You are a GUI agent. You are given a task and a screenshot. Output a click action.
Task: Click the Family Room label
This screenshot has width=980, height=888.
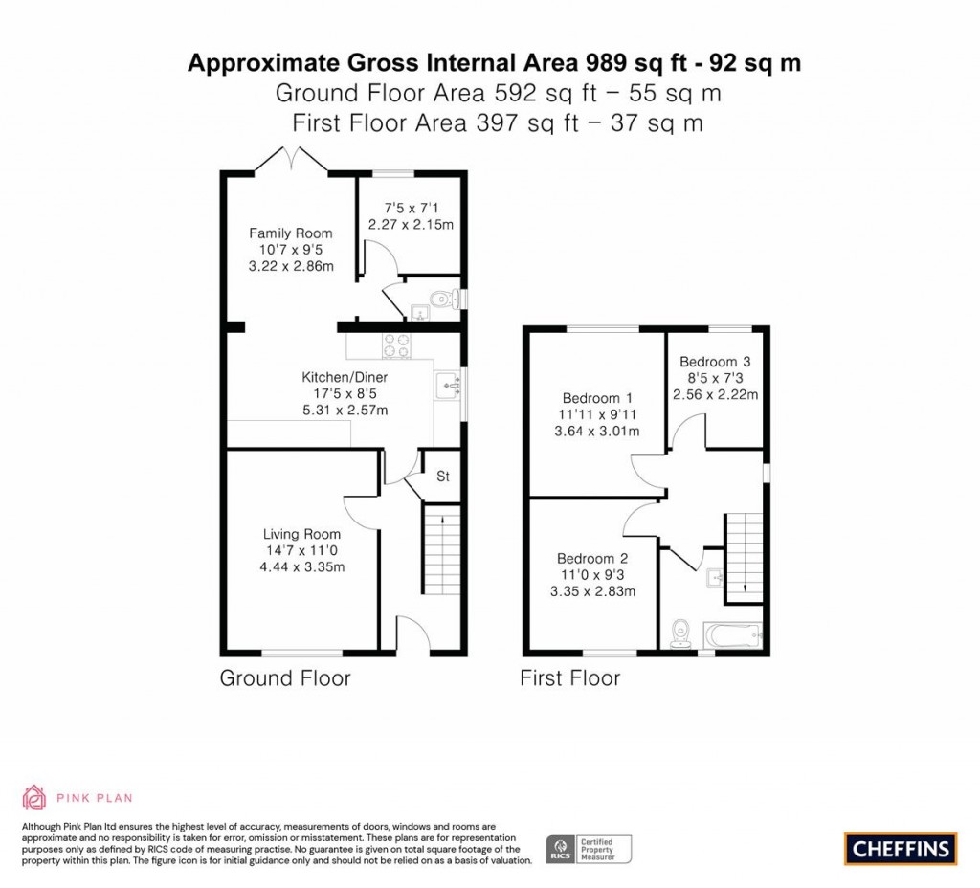point(291,233)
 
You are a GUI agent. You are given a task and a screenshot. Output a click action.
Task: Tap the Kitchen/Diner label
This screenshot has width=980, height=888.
point(345,377)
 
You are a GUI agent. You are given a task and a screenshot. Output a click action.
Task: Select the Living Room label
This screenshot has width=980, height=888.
point(301,534)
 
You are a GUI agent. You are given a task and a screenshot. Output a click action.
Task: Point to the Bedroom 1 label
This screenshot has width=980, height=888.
point(597,398)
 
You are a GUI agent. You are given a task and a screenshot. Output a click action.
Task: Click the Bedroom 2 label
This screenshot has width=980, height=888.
point(592,558)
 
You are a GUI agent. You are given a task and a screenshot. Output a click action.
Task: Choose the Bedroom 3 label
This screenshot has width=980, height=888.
point(715,361)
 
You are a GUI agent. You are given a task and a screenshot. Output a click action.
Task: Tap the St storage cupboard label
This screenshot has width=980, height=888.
point(443,477)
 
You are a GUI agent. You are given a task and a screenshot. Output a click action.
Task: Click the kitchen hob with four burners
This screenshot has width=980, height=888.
point(397,345)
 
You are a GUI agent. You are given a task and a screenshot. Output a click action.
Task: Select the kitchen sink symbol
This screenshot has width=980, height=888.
point(448,385)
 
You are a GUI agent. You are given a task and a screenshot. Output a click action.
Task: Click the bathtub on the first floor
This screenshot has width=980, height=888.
point(732,635)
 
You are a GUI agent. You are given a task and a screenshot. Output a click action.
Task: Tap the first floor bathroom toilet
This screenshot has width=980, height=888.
point(679,633)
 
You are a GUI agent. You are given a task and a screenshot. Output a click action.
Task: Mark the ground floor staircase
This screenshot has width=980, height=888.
point(442,548)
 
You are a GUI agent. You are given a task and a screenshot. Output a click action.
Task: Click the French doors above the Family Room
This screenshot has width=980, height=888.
point(291,159)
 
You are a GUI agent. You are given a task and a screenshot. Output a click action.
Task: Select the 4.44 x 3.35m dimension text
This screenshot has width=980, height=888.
point(301,566)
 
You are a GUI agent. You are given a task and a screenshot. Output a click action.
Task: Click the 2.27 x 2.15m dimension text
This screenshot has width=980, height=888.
point(411,224)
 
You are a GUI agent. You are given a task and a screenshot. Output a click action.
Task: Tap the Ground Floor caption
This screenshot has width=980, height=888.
point(285,678)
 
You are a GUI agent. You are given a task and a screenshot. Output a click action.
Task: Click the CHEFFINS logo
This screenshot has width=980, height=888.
point(900,849)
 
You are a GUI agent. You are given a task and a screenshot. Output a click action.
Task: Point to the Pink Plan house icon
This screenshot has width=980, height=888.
point(34,797)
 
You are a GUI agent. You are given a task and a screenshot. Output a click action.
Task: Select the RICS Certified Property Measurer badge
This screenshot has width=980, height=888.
point(589,850)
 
